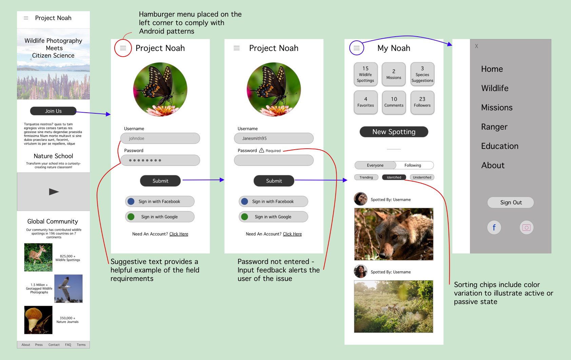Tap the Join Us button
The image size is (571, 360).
53,111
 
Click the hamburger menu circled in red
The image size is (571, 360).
123,48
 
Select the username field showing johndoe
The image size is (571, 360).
160,138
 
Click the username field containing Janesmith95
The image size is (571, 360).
274,138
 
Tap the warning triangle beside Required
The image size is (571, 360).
261,150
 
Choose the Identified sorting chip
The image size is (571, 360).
394,177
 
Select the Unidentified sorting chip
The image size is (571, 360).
422,177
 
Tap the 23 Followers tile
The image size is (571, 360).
422,102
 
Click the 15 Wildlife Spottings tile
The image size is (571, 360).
365,74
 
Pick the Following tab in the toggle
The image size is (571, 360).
413,165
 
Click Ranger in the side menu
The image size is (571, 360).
494,127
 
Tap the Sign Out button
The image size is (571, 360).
510,203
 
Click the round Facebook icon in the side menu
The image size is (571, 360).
494,227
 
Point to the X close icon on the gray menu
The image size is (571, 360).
476,46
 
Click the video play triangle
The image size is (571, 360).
54,192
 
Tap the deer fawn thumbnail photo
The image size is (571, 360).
38,257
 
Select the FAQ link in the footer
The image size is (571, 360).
68,345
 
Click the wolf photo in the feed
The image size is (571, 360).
394,234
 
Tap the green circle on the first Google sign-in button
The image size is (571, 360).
131,217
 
